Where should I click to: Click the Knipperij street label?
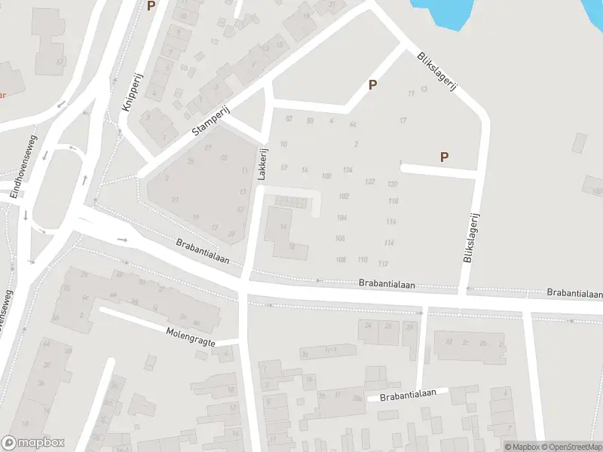128,93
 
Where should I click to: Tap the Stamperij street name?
210,121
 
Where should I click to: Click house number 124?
347,170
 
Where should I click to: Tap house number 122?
369,182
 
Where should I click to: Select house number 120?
392,185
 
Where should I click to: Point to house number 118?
392,201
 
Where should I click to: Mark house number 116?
390,221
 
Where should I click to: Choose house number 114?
389,243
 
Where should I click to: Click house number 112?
383,264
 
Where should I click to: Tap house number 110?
363,260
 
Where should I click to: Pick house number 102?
344,196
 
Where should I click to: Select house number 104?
341,217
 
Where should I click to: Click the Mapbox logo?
32,443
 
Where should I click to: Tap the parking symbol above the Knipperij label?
151,6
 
